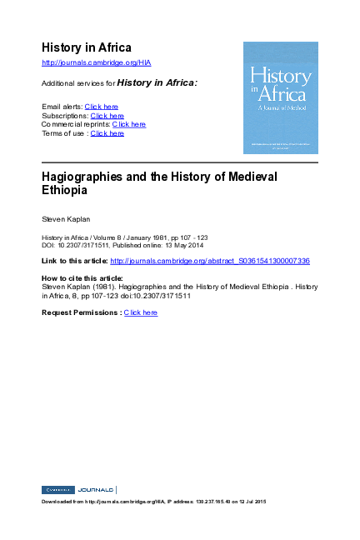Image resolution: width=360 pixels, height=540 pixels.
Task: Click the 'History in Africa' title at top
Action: [x=87, y=47]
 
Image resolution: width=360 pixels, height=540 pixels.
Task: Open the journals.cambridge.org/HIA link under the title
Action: [x=96, y=63]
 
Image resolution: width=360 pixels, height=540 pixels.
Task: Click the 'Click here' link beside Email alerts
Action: [x=102, y=107]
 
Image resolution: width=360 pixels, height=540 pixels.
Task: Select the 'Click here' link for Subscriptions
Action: [x=107, y=116]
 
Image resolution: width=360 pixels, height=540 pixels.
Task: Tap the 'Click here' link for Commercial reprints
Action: [x=129, y=124]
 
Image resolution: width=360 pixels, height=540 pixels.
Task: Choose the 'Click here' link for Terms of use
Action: [x=107, y=133]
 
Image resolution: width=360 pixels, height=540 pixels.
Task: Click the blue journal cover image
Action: [x=280, y=97]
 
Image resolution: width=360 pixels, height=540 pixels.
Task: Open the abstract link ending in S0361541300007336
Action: [x=210, y=261]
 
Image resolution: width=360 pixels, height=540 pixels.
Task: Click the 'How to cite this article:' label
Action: [x=82, y=277]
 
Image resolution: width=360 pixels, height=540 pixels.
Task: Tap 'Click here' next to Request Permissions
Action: [x=141, y=312]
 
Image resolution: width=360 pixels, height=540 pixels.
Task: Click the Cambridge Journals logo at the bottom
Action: [x=78, y=489]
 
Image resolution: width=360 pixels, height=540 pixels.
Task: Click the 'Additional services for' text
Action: [x=77, y=83]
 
